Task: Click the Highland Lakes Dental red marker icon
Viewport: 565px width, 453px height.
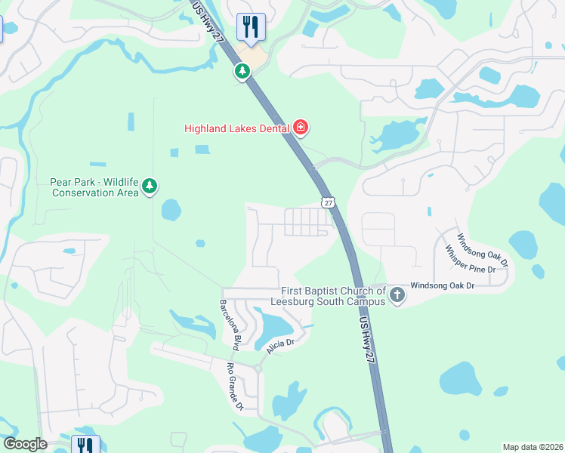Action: pos(301,128)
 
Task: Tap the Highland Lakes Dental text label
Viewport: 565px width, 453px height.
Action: pos(237,128)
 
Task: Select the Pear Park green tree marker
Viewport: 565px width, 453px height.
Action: pos(150,186)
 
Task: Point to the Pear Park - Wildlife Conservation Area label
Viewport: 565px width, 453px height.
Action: pos(94,187)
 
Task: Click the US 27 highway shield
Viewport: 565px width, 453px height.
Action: pos(327,202)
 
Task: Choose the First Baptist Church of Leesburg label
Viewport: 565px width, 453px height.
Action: pos(333,296)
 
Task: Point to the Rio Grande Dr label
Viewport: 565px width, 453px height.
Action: pos(233,387)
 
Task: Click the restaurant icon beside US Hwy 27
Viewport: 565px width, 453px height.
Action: pos(250,27)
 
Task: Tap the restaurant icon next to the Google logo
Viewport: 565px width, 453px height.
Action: pos(84,445)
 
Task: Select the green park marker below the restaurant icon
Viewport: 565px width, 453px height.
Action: pos(242,72)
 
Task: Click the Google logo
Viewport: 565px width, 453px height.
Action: pos(25,444)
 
